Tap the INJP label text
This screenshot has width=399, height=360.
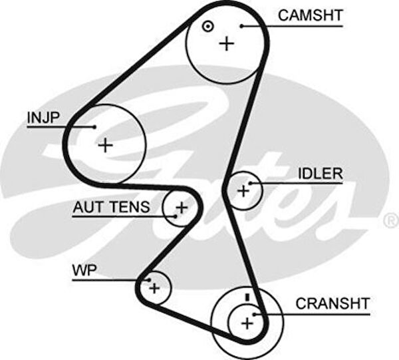pos(43,118)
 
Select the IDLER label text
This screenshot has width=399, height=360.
pos(320,174)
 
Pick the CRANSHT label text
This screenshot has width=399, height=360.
pos(332,304)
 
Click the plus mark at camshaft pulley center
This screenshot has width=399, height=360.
pos(227,43)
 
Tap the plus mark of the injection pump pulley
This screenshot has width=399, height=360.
pos(105,144)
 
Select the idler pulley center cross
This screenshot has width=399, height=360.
pos(243,192)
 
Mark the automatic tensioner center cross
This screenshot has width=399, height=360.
pos(181,208)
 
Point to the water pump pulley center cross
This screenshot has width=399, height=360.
pos(154,288)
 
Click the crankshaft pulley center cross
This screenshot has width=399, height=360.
pos(247,323)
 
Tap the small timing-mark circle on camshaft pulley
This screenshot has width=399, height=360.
pos(207,27)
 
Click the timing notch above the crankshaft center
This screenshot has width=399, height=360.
pos(245,296)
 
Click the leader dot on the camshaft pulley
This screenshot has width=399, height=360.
pos(243,26)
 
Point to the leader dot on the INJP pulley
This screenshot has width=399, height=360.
pos(95,126)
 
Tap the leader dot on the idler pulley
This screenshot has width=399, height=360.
pos(251,183)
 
